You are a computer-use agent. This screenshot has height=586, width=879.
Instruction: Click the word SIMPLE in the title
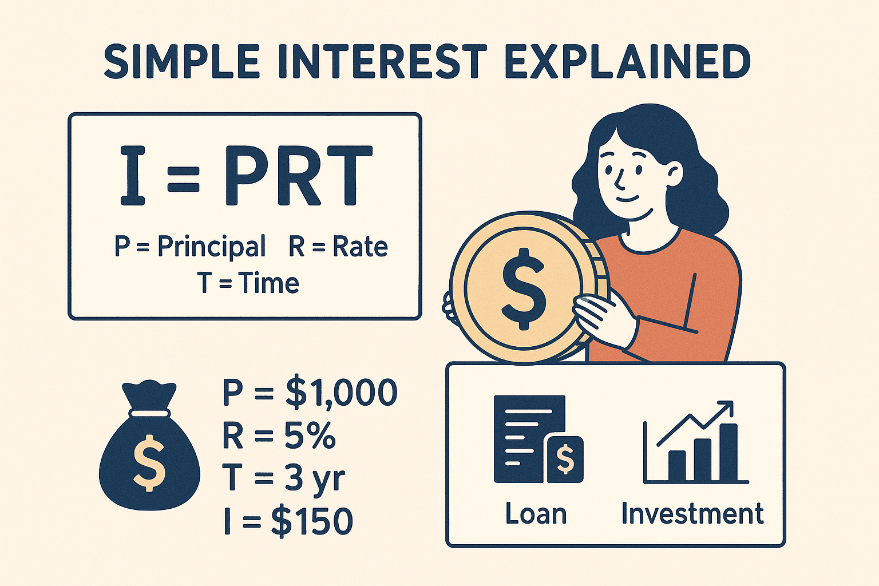point(181,61)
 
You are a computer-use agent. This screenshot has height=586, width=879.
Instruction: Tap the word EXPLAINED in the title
point(627,61)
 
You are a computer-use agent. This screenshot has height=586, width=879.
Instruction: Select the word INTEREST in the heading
point(383,61)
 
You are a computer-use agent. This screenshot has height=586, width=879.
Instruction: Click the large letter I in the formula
point(133,176)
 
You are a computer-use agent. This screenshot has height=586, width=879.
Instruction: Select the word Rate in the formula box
point(360,247)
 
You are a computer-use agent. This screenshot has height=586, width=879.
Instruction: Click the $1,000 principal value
point(342,393)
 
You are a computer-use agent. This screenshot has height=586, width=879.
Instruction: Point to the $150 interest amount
point(312,521)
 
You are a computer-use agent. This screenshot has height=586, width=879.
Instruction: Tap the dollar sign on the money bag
point(149,463)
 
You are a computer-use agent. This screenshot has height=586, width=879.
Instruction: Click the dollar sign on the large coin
point(524,288)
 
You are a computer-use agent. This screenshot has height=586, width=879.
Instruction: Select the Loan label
point(536,513)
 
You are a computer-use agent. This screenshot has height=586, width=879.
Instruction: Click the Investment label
point(692,513)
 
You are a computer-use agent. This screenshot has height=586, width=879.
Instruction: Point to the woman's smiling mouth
point(627,199)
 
